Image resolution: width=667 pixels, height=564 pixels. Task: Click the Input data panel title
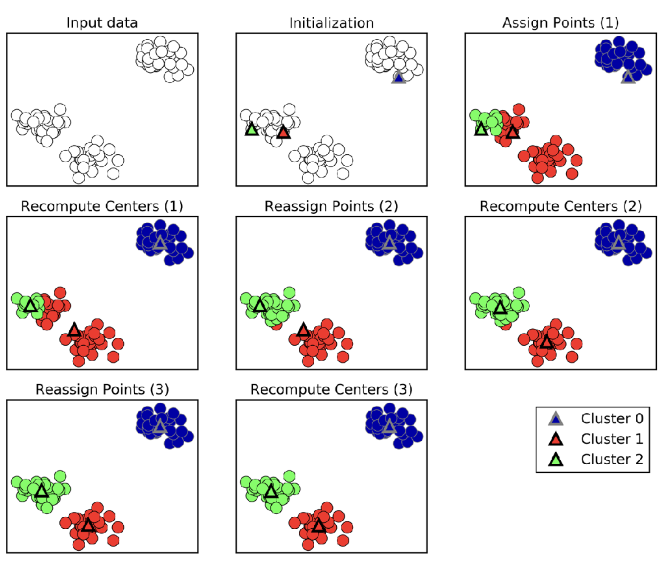102,23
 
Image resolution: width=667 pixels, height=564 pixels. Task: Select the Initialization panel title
331,23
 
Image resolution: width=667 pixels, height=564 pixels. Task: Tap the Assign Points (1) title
560,23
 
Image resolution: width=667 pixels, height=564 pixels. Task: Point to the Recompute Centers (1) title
102,206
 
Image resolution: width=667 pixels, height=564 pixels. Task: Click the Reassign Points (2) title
331,206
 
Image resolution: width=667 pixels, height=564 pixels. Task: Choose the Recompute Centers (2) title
560,206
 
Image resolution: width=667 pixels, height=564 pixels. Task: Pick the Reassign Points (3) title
102,390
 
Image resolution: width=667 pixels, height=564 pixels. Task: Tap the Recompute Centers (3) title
331,390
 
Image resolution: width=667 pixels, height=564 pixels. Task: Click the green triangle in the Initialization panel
251,130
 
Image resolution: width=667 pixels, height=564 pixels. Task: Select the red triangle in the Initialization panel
284,133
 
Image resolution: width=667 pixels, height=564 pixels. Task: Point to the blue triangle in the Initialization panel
399,78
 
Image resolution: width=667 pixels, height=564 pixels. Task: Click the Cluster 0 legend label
612,418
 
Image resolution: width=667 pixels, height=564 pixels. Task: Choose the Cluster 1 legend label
612,439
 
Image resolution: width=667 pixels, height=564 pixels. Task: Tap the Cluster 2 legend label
612,459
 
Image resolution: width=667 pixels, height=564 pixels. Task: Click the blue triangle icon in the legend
556,419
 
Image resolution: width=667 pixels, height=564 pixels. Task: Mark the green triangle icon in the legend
556,460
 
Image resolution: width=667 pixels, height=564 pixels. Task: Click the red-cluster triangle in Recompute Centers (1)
74,330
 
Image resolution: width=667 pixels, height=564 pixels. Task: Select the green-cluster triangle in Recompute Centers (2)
500,308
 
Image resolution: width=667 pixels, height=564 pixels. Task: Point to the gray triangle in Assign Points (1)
628,77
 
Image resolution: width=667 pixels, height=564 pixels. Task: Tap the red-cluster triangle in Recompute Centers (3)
319,526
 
